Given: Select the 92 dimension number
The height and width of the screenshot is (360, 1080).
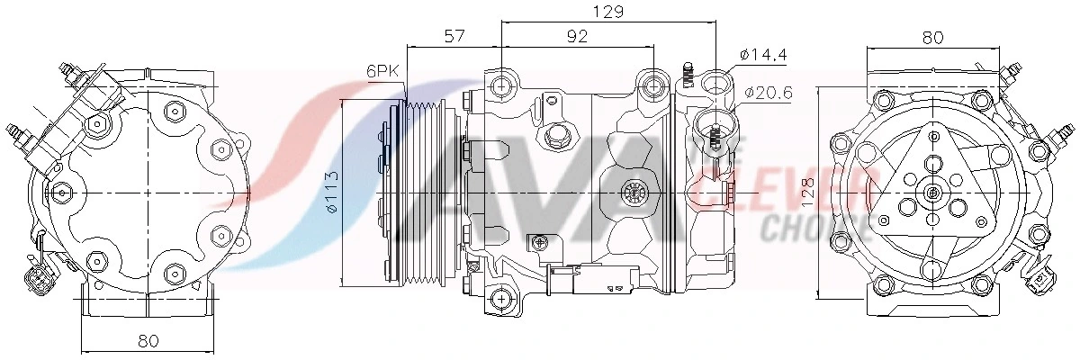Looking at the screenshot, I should click(577, 36).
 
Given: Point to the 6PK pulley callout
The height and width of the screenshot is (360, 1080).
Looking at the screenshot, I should click(382, 71).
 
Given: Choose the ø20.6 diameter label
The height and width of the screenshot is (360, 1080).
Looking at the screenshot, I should click(768, 92).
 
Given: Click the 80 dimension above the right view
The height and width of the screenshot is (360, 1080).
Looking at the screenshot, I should click(932, 37).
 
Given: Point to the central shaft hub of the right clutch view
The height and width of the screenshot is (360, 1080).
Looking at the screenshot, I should click(932, 193).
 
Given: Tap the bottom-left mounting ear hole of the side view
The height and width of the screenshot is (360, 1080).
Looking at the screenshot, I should click(501, 299).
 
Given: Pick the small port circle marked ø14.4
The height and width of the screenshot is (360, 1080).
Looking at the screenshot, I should click(715, 85).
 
